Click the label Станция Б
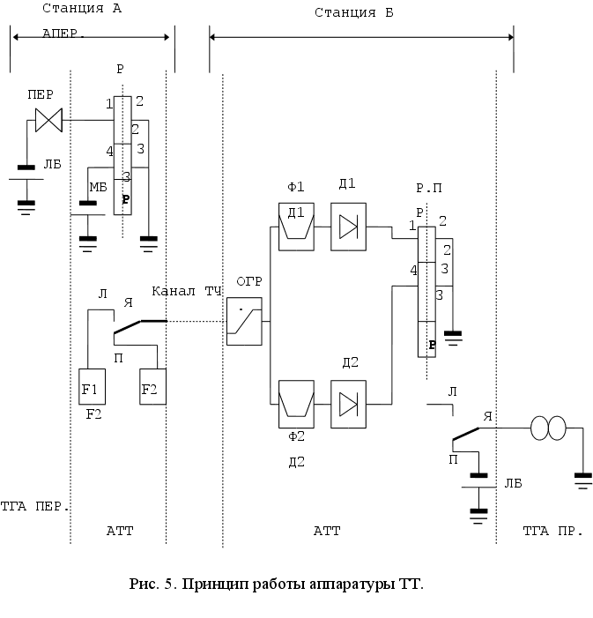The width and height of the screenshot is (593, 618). coord(354,13)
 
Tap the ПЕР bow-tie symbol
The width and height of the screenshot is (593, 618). coord(48,119)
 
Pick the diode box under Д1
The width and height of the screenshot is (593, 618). coord(348,227)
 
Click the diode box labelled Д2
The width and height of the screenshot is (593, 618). coord(348,404)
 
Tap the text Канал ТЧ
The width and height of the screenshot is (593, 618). coord(187,291)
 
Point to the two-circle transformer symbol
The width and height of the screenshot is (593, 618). coord(549,429)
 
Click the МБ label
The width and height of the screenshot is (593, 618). coord(98,187)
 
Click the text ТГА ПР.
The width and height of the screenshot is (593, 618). coord(548,531)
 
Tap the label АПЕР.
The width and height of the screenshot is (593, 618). coord(63,36)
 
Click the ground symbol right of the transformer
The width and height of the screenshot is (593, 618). coord(583,478)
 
